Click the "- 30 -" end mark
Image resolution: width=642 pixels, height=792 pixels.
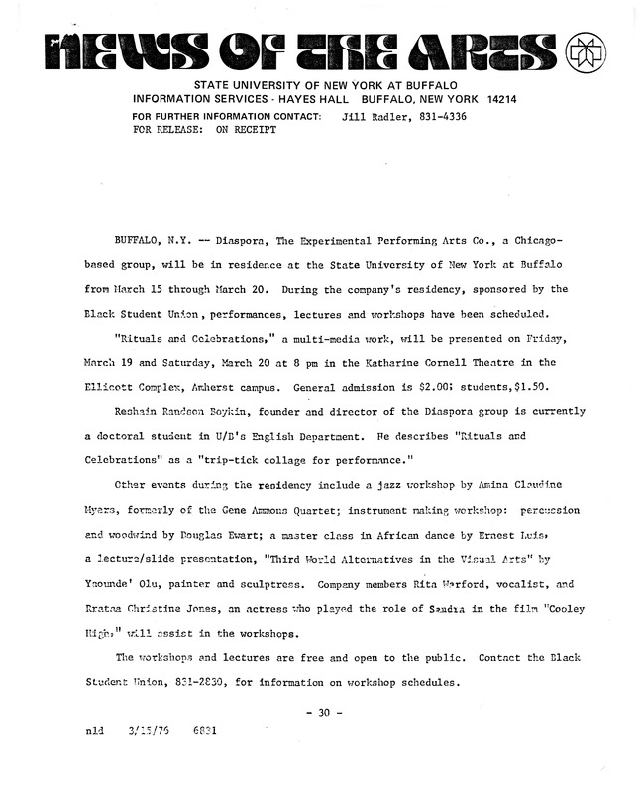coord(323,711)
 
